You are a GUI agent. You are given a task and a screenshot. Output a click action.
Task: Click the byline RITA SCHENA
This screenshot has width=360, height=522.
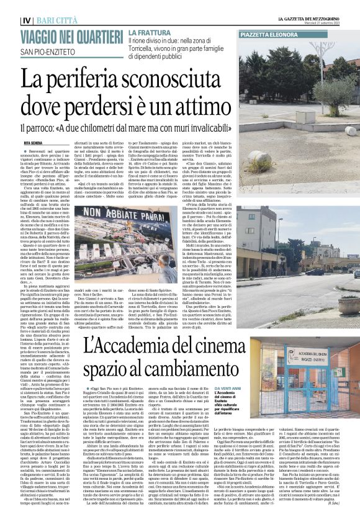point(35,143)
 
